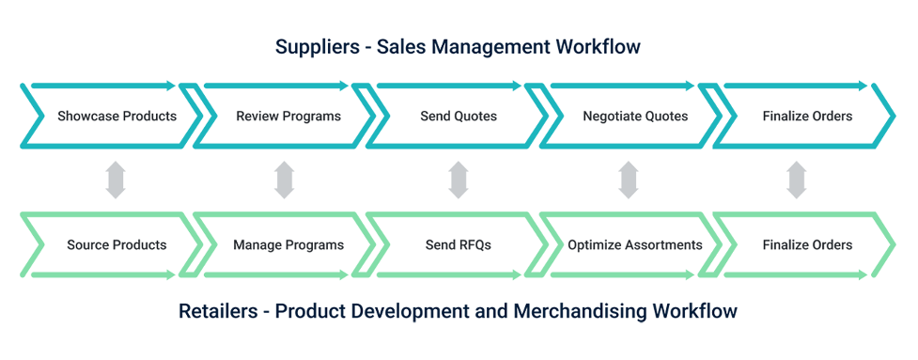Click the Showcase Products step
tap(117, 117)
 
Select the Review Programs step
tap(288, 117)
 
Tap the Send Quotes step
tap(459, 117)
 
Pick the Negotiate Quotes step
tap(635, 117)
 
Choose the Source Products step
tap(117, 245)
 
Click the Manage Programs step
tap(288, 245)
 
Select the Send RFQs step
tap(459, 245)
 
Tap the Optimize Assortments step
tap(635, 245)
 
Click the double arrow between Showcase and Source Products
tap(115, 180)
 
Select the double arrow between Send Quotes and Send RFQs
tap(459, 180)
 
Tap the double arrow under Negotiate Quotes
tap(629, 180)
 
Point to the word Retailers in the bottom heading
tap(218, 310)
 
